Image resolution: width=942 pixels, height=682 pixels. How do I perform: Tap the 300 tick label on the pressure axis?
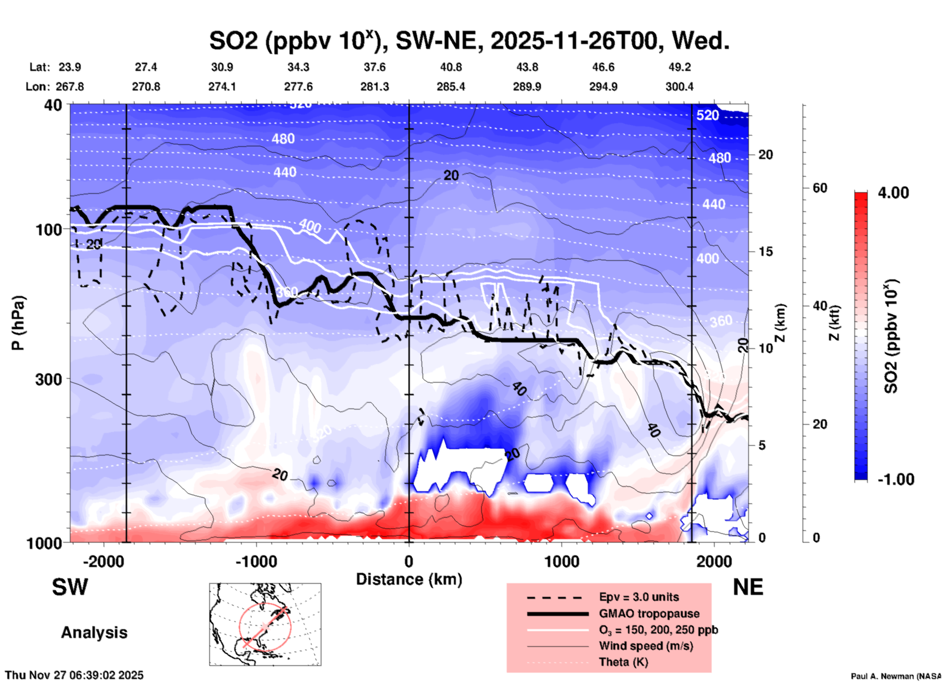[x=49, y=379]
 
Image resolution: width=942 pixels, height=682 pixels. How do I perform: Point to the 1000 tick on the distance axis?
[x=561, y=561]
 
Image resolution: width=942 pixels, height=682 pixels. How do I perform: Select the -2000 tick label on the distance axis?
[x=103, y=561]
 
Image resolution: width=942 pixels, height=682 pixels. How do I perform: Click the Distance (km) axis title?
[x=409, y=579]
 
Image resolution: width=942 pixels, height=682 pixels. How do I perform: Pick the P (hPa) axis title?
[x=18, y=323]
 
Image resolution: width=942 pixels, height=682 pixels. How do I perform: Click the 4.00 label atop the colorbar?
[x=893, y=193]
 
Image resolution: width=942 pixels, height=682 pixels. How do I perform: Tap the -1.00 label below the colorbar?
[x=896, y=479]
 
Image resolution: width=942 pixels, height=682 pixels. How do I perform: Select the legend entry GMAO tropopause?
[x=649, y=614]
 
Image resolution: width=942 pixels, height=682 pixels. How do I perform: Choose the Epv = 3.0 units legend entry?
[x=639, y=597]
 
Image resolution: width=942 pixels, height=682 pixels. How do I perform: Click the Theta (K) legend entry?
[x=624, y=662]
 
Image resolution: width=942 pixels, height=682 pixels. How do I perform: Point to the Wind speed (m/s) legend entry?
[x=646, y=646]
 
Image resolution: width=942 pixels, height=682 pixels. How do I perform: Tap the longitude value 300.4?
[x=679, y=87]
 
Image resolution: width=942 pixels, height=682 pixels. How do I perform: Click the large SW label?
[x=70, y=587]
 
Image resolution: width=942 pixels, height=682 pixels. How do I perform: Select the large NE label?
[x=748, y=587]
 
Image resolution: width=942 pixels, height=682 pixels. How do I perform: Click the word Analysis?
[x=94, y=633]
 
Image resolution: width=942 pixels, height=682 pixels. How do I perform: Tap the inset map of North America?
[x=265, y=624]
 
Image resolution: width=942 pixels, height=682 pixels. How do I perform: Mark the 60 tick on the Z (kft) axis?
[x=820, y=188]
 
